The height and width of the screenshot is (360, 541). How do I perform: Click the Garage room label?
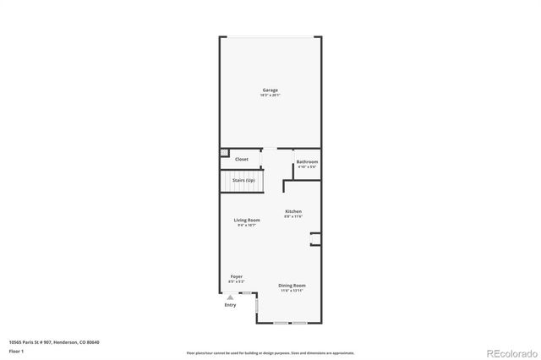point(270,90)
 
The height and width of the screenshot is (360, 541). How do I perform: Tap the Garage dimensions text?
point(270,95)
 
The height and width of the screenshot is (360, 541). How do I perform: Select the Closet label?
point(242,159)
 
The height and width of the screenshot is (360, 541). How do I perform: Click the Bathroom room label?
point(307,161)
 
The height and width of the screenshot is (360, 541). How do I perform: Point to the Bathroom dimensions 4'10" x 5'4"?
point(307,166)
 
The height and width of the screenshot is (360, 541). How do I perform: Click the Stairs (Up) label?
point(244,180)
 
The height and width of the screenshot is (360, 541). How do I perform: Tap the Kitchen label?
point(293,211)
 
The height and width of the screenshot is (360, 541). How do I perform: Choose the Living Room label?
point(247,220)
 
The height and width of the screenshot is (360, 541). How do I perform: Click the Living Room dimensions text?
point(247,225)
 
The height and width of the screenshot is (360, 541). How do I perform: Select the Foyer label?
point(237,276)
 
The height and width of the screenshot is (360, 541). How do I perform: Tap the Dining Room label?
point(292,286)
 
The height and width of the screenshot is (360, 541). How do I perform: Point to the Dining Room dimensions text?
point(292,291)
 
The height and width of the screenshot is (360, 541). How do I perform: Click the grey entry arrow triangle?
point(230,297)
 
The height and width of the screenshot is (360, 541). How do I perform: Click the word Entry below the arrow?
point(230,305)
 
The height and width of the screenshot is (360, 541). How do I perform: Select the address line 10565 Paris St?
point(54,341)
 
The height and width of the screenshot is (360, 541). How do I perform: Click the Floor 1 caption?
point(17,350)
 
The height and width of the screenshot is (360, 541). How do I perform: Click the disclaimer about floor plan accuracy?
point(270,353)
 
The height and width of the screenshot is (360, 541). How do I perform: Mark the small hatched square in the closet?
point(225,154)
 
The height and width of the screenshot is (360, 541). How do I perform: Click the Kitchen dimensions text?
point(293,216)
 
